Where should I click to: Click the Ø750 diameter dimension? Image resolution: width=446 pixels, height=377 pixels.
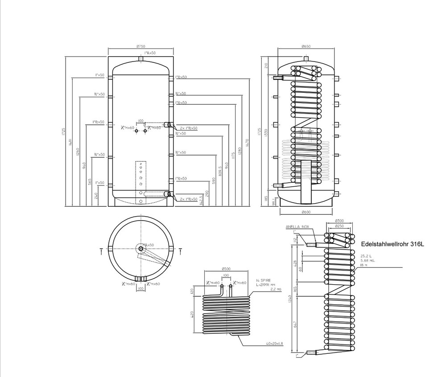pyautogui.click(x=141, y=46)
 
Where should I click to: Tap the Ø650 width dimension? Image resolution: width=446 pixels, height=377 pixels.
pyautogui.click(x=306, y=46)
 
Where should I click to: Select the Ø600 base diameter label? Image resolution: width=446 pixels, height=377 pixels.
pyautogui.click(x=306, y=212)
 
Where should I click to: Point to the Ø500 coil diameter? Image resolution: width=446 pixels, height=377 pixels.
pyautogui.click(x=226, y=269)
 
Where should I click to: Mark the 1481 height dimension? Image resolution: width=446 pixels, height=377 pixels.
pyautogui.click(x=70, y=142)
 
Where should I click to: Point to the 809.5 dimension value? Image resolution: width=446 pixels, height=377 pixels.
pyautogui.click(x=220, y=171)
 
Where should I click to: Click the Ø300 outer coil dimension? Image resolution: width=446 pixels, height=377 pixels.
pyautogui.click(x=339, y=221)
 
